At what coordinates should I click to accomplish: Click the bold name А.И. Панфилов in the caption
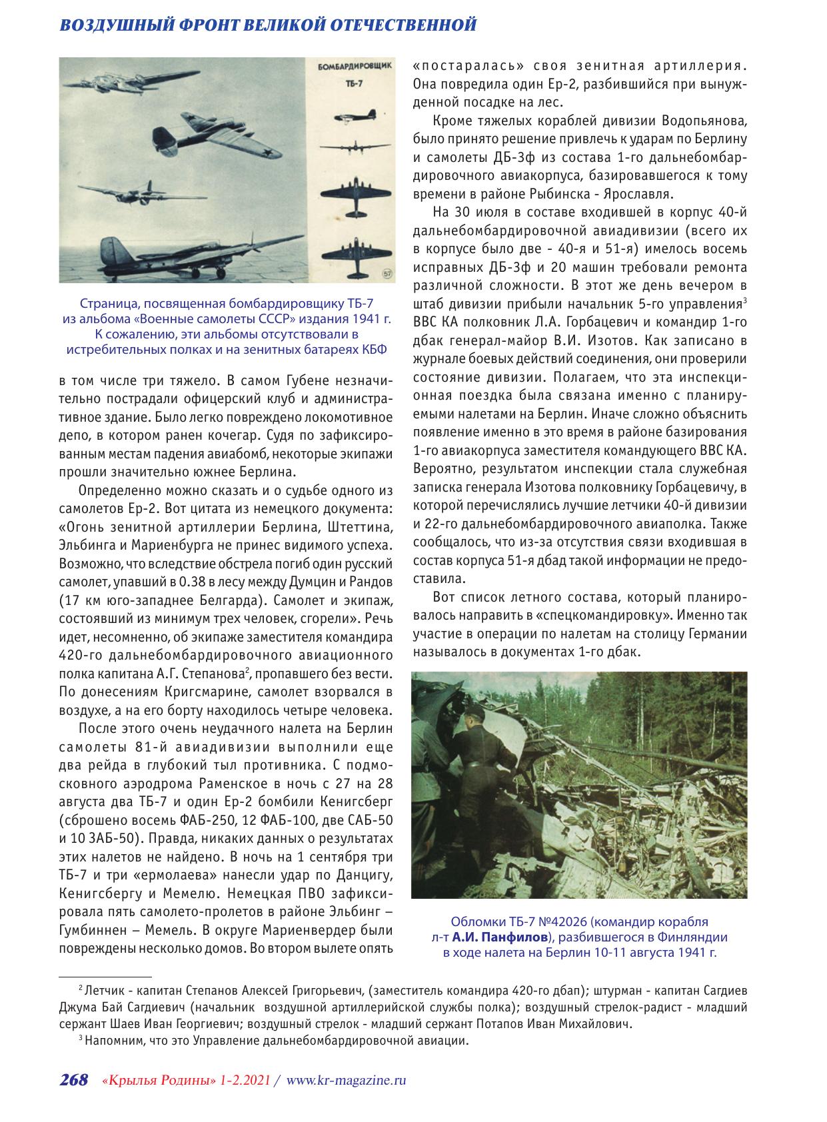[500, 937]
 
